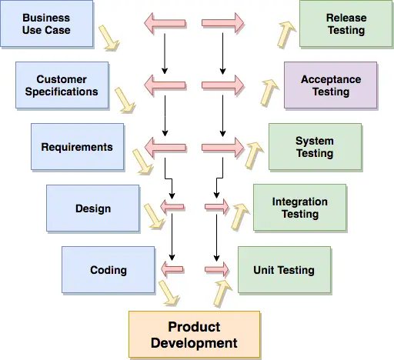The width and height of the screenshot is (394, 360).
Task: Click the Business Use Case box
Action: pyautogui.click(x=46, y=24)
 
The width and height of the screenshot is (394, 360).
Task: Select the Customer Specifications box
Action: pyautogui.click(x=62, y=85)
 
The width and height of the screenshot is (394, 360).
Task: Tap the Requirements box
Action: pyautogui.click(x=77, y=147)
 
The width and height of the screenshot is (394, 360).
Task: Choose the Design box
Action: pyautogui.click(x=92, y=208)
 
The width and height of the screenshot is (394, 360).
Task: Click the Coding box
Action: pyautogui.click(x=108, y=270)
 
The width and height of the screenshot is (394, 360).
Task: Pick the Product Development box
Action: pyautogui.click(x=194, y=335)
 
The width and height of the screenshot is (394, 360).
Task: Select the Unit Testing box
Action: pyautogui.click(x=284, y=270)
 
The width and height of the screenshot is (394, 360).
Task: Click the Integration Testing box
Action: pyautogui.click(x=299, y=208)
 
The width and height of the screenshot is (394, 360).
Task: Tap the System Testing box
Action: pyautogui.click(x=315, y=147)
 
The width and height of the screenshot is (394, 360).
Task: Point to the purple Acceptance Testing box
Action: pyautogui.click(x=330, y=85)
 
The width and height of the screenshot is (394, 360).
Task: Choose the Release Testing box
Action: pyautogui.click(x=346, y=24)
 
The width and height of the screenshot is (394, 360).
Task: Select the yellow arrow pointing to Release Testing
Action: pyautogui.click(x=286, y=33)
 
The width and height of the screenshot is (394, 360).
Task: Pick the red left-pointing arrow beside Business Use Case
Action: pyautogui.click(x=165, y=24)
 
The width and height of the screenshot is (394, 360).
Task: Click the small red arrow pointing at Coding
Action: pyautogui.click(x=173, y=268)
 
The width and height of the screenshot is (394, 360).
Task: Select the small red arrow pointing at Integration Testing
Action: pyautogui.click(x=217, y=207)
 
